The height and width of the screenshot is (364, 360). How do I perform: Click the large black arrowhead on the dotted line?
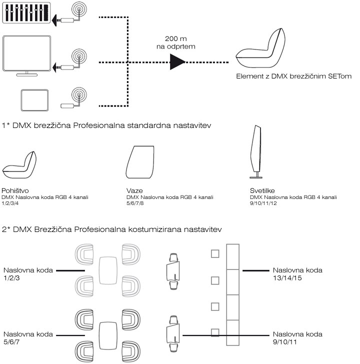tap(177, 62)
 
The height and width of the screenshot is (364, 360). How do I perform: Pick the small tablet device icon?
tap(34, 100)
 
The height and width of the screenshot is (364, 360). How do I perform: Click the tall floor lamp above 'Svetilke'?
tap(256, 153)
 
